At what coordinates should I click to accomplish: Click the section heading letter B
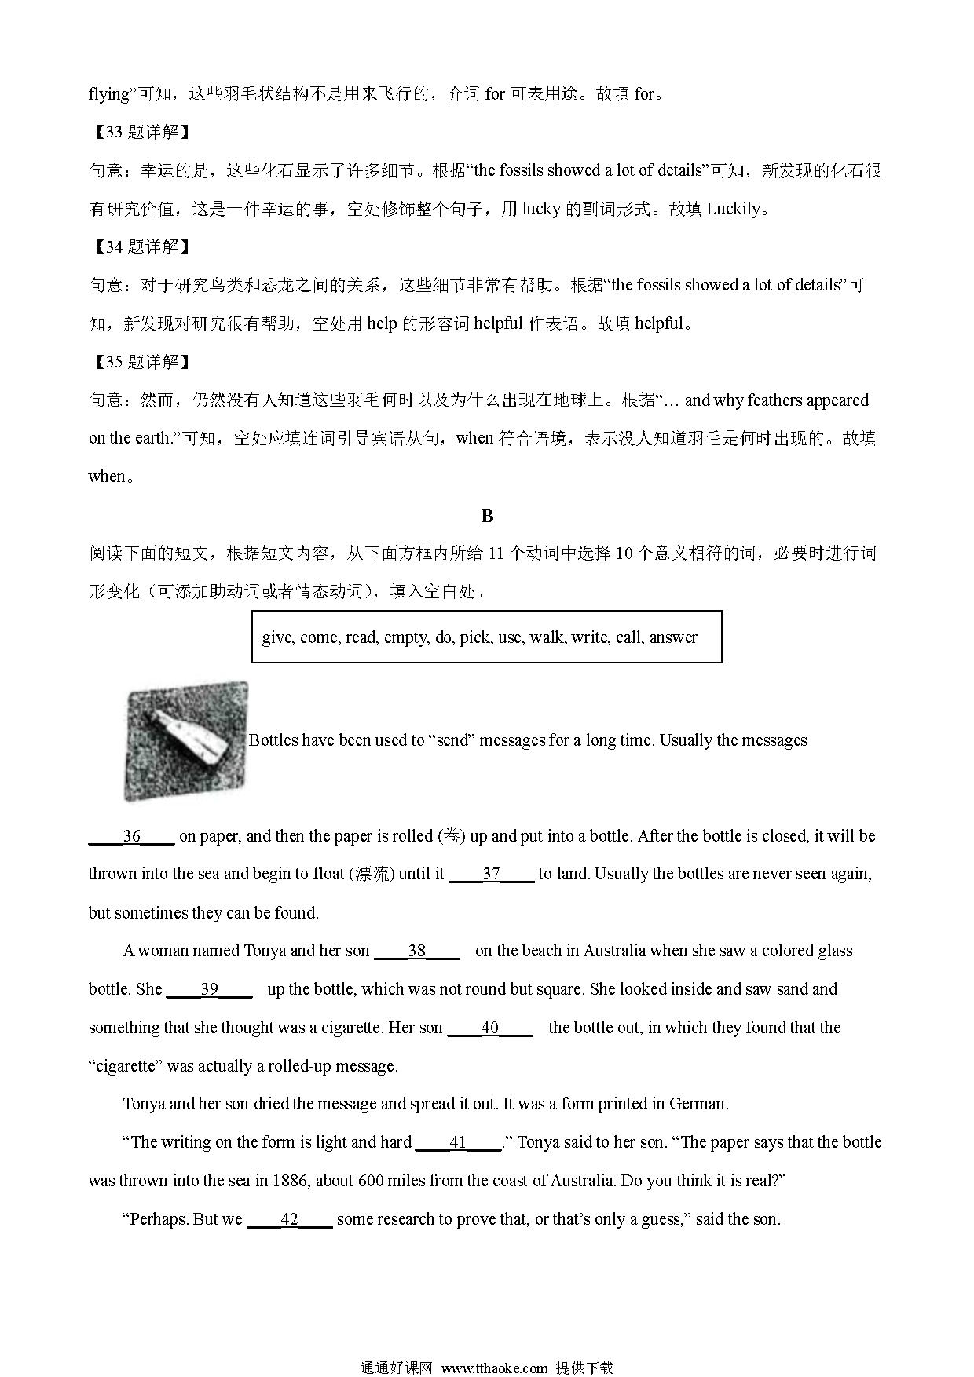[x=487, y=516]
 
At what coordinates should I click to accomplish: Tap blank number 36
[x=131, y=837]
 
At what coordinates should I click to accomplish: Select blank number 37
[x=491, y=875]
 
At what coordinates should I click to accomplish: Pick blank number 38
[x=416, y=951]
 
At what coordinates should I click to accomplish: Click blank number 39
[x=210, y=990]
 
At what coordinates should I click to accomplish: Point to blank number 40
[x=489, y=1028]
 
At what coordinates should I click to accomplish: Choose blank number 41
[x=458, y=1143]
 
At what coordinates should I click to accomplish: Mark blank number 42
[x=289, y=1220]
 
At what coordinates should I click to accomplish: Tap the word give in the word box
[x=276, y=637]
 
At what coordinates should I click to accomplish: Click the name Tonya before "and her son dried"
[x=144, y=1105]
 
